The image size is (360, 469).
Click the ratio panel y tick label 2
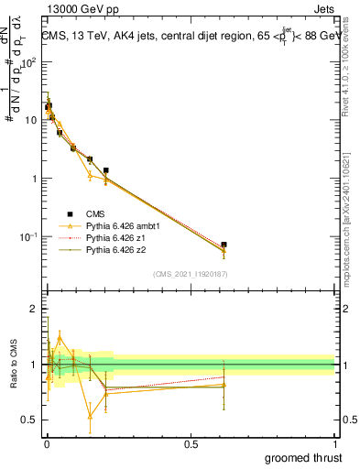(33, 310)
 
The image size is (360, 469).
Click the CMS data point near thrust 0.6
(224, 245)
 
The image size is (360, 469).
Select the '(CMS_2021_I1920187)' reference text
(191, 274)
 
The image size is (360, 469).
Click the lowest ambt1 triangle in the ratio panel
(90, 416)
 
